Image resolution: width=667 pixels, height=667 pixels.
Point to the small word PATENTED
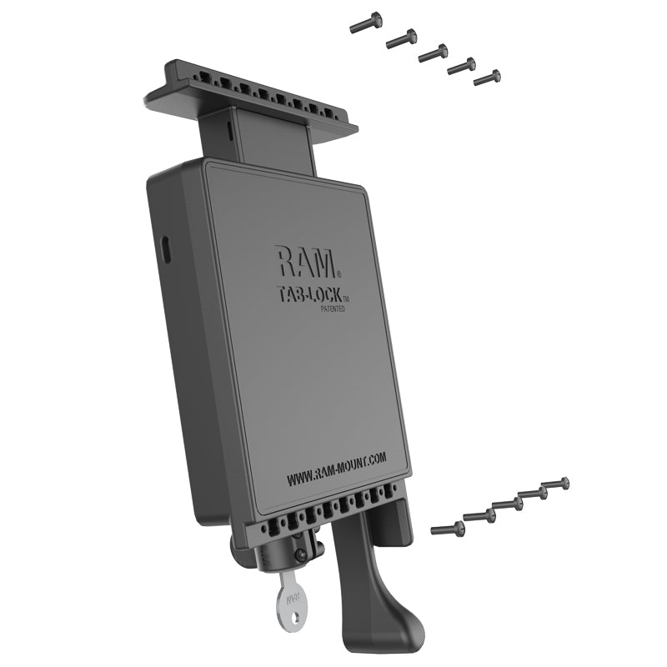pyautogui.click(x=332, y=309)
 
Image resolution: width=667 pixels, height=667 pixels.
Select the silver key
pyautogui.click(x=293, y=596)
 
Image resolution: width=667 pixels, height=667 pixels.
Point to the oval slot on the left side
pyautogui.click(x=164, y=248)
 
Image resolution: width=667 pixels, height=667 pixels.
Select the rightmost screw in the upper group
pyautogui.click(x=487, y=78)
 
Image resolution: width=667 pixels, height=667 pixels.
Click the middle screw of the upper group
pyautogui.click(x=433, y=53)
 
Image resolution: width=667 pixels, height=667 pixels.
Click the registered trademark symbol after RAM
pyautogui.click(x=338, y=273)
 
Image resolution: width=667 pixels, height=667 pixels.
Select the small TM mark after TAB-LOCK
pyautogui.click(x=347, y=298)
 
